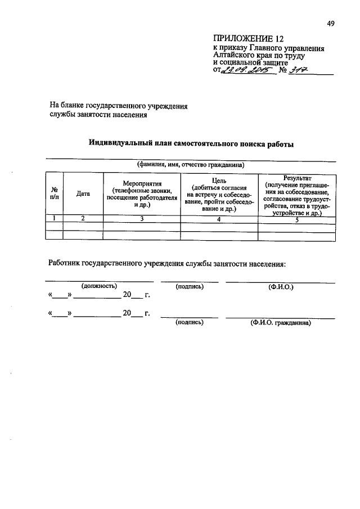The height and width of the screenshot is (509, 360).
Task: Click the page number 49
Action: click(x=331, y=24)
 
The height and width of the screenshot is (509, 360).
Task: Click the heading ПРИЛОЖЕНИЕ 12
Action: click(x=245, y=38)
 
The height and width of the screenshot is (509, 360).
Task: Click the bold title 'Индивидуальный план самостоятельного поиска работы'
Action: click(x=191, y=144)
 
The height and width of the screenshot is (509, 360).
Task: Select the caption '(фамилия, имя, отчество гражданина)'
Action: click(x=191, y=165)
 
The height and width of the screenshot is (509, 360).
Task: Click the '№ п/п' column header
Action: click(x=54, y=193)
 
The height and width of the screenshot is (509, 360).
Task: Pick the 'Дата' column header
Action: click(x=83, y=194)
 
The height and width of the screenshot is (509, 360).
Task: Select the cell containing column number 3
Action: click(x=142, y=219)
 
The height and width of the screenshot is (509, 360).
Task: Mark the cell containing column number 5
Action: click(x=297, y=219)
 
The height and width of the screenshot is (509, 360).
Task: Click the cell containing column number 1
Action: click(x=54, y=219)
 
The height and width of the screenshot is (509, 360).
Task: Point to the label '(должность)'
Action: click(x=99, y=286)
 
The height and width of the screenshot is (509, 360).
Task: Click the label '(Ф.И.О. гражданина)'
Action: click(x=280, y=323)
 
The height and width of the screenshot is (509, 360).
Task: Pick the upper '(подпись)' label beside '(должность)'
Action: click(x=189, y=286)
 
